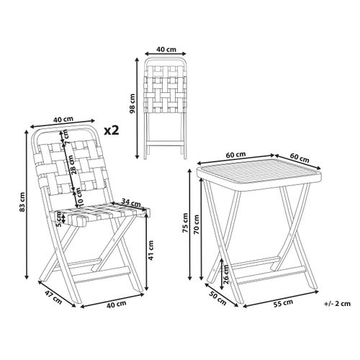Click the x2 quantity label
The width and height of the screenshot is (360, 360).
(x=112, y=130)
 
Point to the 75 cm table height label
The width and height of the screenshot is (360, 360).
(x=185, y=223)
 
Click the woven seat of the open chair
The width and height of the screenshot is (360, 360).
(x=101, y=214)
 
